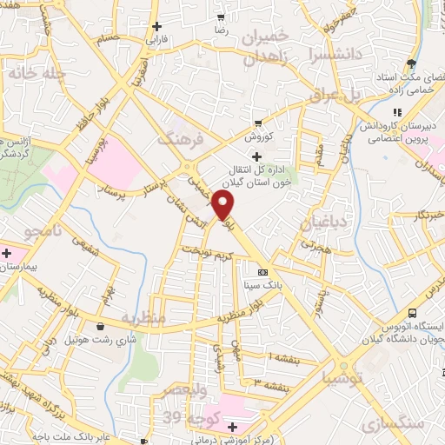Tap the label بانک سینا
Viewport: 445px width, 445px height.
pos(262,284)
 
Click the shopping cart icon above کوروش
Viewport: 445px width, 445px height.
pos(257,123)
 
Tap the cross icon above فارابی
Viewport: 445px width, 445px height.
pos(156,26)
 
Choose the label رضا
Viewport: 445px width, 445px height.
pos(221,30)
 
